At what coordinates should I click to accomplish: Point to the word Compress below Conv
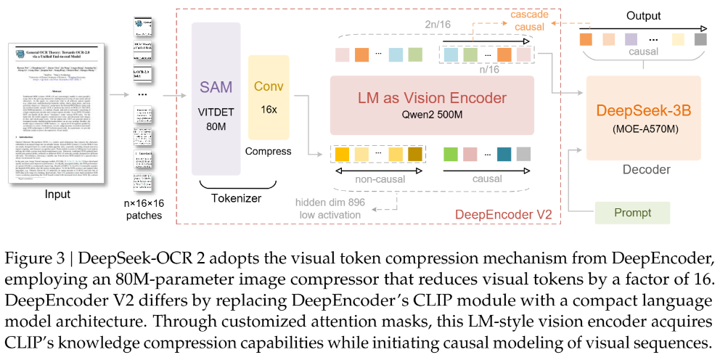(269, 152)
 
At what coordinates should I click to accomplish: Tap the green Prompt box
(632, 213)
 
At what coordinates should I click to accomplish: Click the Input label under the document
(58, 195)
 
